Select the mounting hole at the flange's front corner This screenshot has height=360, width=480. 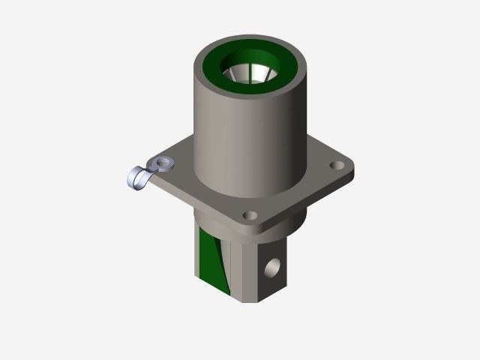click(248, 216)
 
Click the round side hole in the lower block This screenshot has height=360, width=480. click(274, 265)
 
